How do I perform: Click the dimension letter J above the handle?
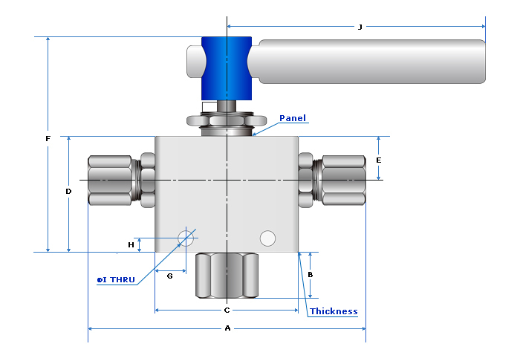(360, 27)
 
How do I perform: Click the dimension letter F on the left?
(48, 138)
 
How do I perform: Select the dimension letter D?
(68, 191)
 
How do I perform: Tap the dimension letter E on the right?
(379, 160)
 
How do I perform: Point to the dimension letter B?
(310, 274)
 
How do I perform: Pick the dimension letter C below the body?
(227, 310)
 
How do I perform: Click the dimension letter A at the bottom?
(227, 328)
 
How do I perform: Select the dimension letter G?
(169, 276)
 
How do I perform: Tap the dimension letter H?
(131, 244)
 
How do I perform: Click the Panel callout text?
(293, 118)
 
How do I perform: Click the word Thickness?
(334, 311)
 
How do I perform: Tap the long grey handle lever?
(371, 61)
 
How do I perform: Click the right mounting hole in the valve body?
(267, 238)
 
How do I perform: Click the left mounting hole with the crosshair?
(185, 238)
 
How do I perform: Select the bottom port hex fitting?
(227, 275)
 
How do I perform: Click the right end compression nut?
(342, 181)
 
